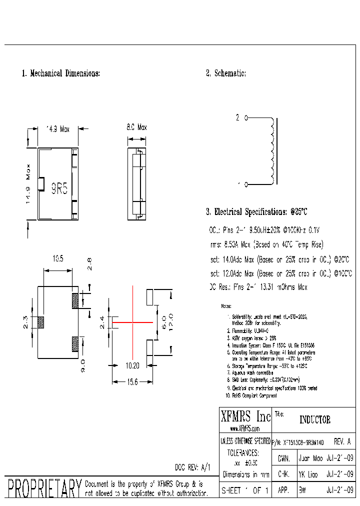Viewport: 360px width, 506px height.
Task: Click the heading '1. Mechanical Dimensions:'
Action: (61, 73)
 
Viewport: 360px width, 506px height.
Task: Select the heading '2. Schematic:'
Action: (226, 73)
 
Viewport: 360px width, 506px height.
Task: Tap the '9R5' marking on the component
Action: (59, 188)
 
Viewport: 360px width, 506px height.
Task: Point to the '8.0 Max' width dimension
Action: (136, 128)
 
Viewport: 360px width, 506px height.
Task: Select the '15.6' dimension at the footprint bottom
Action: (131, 381)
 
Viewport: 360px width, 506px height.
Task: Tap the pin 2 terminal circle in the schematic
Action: (245, 118)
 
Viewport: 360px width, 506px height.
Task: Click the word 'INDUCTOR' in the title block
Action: (314, 420)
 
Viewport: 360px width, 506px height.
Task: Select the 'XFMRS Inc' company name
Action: (245, 416)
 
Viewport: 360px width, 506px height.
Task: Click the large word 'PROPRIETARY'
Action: (43, 488)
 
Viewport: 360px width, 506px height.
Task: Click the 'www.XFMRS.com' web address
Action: (245, 429)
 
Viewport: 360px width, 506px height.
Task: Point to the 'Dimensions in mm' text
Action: (245, 474)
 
